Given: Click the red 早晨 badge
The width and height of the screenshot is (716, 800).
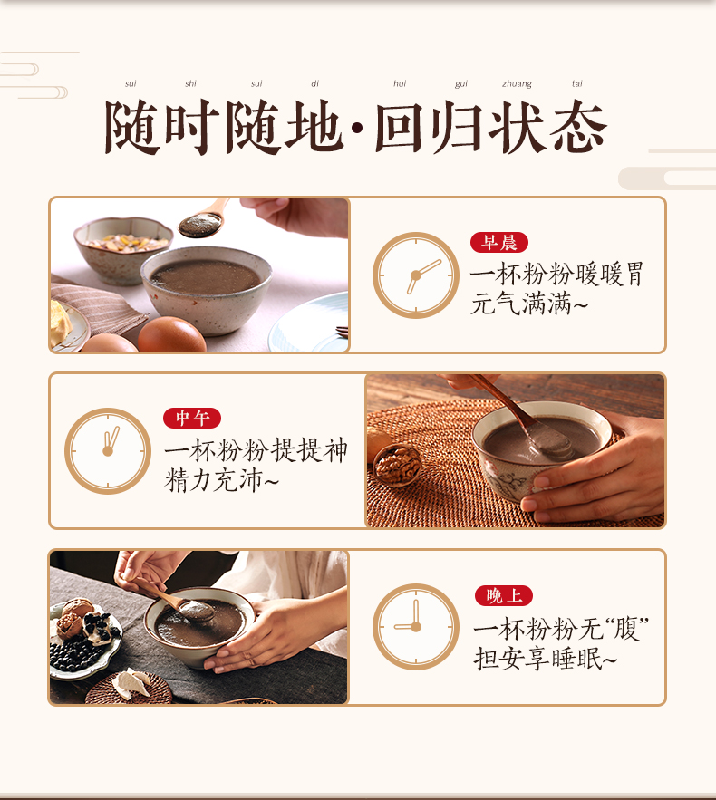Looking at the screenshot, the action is tap(499, 242).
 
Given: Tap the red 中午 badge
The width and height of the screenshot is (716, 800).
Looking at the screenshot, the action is tap(192, 419).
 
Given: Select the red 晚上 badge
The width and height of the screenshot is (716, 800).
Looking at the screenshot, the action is tap(504, 595).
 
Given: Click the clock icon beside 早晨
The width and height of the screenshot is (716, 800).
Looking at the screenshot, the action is tap(416, 275).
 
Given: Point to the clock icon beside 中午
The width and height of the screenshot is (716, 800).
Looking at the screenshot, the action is tap(108, 451).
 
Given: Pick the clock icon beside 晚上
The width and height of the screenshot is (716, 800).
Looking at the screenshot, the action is tap(416, 627).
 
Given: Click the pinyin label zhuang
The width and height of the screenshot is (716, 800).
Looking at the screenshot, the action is tap(517, 83).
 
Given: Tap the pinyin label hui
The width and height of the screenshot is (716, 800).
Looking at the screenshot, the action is tap(400, 83).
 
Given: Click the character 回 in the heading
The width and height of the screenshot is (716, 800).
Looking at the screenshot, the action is tap(399, 128).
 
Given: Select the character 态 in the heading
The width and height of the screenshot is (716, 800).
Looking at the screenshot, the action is tap(578, 128).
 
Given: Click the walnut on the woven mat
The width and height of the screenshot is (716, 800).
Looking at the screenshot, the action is tap(397, 464).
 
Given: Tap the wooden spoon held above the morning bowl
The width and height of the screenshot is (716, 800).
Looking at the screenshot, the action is tap(204, 219).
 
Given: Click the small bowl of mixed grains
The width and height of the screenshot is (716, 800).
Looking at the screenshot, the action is tap(122, 249).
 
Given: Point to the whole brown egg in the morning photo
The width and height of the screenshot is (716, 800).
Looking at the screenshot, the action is tap(171, 334).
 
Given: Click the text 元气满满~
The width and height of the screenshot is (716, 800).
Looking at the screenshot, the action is tap(529, 304).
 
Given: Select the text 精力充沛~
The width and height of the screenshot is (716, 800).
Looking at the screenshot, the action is tap(221, 480).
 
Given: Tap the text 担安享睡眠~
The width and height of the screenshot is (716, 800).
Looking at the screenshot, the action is tap(546, 658).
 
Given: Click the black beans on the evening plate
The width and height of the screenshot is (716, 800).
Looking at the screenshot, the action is tap(75, 656).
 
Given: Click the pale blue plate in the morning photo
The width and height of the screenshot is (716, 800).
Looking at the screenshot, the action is tap(310, 323).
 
